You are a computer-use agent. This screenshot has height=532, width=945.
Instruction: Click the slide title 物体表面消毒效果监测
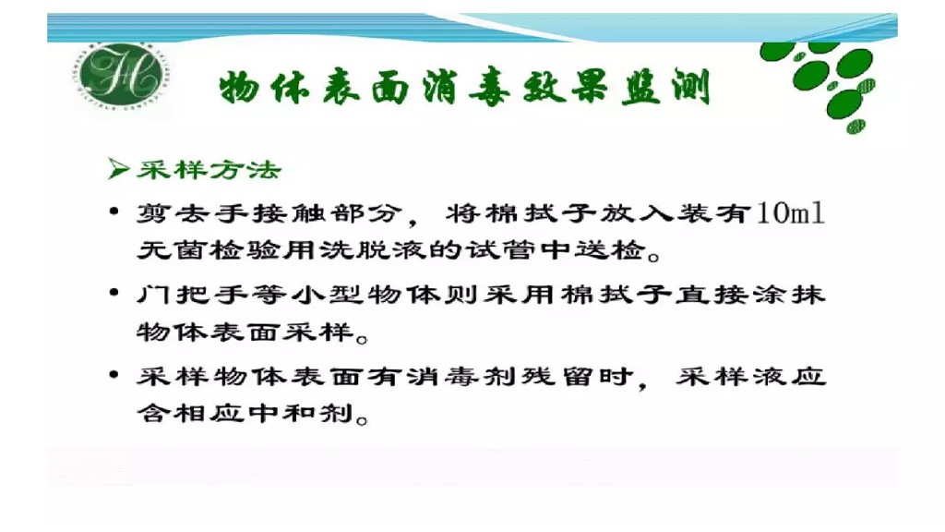464,90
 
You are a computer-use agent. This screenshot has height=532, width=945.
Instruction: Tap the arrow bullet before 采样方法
117,170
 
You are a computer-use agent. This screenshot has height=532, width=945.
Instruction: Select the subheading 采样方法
209,170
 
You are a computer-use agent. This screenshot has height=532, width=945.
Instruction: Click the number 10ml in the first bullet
790,214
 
